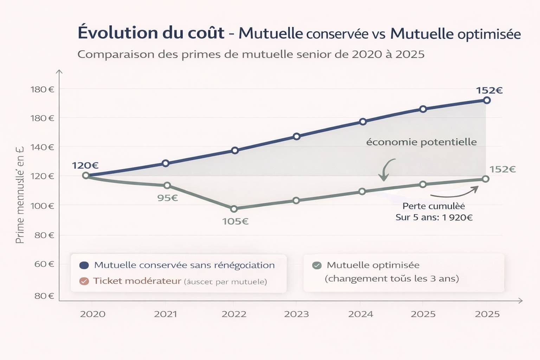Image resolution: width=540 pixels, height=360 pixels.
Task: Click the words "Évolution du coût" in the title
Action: point(151,33)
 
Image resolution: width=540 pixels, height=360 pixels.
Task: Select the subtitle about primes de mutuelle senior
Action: point(251,54)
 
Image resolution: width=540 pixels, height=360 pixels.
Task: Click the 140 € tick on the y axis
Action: point(42,147)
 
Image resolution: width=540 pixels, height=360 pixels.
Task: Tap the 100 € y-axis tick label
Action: point(42,206)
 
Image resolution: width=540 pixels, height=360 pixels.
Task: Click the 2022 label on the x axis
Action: point(234,314)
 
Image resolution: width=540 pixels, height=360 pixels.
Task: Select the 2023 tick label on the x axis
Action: point(296,314)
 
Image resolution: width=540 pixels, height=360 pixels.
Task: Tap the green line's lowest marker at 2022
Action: point(234,209)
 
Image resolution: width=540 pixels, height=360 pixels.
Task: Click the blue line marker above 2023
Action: point(296,136)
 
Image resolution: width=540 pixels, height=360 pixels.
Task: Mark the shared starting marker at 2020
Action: point(86,175)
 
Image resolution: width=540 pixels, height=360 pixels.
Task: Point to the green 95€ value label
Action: point(167,198)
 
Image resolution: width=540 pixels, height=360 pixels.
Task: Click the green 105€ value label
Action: point(235,221)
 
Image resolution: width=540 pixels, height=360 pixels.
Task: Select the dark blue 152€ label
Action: point(489,91)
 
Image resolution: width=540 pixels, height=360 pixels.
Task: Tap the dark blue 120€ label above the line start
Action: point(85,166)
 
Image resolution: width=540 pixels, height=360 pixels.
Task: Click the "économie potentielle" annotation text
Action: point(421,142)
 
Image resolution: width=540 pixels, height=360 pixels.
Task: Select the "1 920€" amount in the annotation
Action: point(457,218)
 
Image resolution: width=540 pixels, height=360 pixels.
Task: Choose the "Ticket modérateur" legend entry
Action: point(137,281)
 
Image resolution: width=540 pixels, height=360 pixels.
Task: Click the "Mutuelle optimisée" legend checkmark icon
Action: point(317,265)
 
